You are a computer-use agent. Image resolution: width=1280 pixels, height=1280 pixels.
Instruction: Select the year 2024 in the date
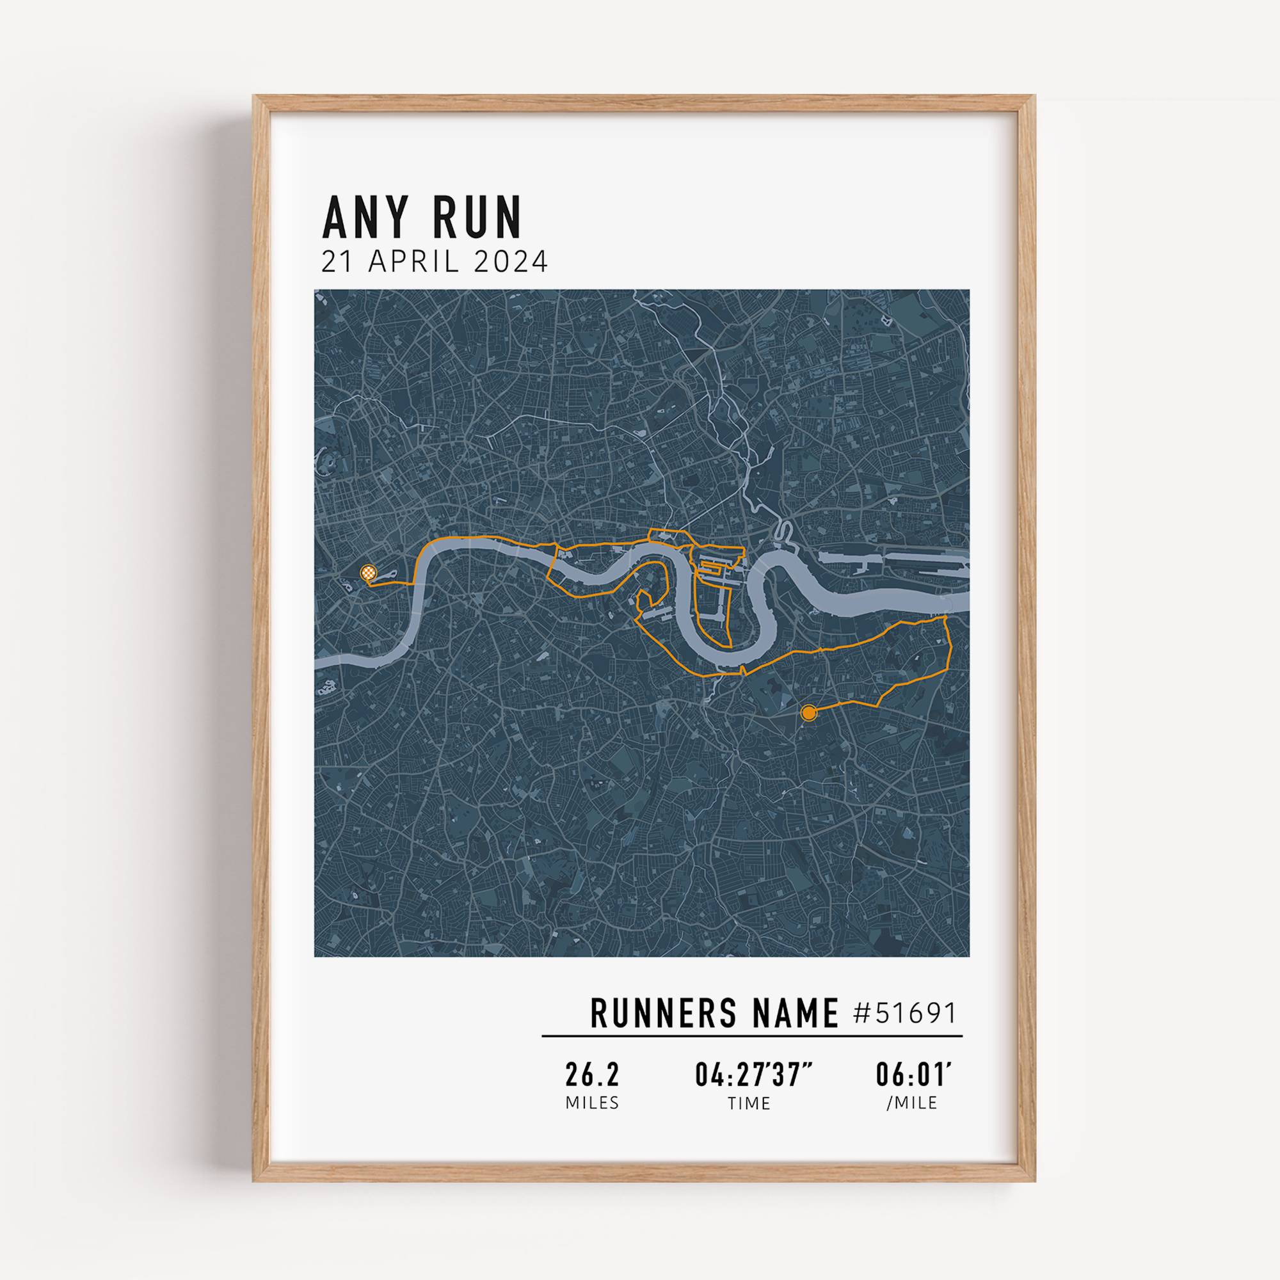coord(511,262)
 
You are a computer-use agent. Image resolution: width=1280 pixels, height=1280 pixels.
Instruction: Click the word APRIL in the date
coord(414,262)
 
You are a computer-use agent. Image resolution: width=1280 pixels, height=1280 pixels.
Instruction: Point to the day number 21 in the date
coord(337,262)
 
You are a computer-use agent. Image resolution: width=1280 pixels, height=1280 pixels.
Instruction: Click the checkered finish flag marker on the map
coord(369,572)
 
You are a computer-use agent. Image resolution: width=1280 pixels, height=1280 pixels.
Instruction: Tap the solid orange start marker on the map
coord(808,713)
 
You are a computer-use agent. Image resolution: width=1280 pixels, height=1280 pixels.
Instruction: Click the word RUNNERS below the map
coord(663,1013)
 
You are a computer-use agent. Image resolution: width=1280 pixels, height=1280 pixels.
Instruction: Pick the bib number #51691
coord(905,1013)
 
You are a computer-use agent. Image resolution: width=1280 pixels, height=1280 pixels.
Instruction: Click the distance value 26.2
coord(591,1075)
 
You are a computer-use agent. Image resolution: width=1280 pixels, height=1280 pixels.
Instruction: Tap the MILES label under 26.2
coord(591,1103)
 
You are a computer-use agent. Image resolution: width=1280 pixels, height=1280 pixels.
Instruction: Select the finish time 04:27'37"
coord(753,1075)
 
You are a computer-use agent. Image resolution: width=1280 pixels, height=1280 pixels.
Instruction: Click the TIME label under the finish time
coord(749,1103)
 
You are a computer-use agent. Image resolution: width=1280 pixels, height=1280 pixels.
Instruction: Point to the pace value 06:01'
coord(913,1075)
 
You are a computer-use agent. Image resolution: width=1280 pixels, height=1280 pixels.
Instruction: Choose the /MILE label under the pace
coord(912,1103)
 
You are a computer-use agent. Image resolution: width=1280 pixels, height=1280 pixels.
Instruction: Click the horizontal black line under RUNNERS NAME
coord(752,1036)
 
